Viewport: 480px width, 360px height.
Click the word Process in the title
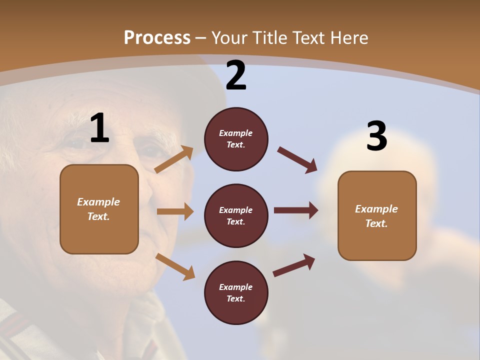(157, 38)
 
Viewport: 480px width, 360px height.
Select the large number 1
(99, 128)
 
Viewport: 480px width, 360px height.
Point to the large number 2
(236, 75)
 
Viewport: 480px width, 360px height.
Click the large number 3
(376, 136)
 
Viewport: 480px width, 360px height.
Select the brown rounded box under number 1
(99, 209)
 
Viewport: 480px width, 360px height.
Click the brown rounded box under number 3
(377, 215)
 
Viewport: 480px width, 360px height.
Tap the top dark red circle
(236, 139)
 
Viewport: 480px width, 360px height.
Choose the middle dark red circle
(236, 215)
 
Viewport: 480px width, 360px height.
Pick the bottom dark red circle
(236, 292)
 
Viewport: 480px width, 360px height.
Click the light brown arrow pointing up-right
(174, 159)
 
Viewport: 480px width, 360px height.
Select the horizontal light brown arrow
(175, 211)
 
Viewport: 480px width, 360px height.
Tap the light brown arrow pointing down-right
(175, 266)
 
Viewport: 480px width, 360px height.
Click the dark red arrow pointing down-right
(297, 159)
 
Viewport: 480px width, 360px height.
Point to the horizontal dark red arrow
(296, 210)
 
